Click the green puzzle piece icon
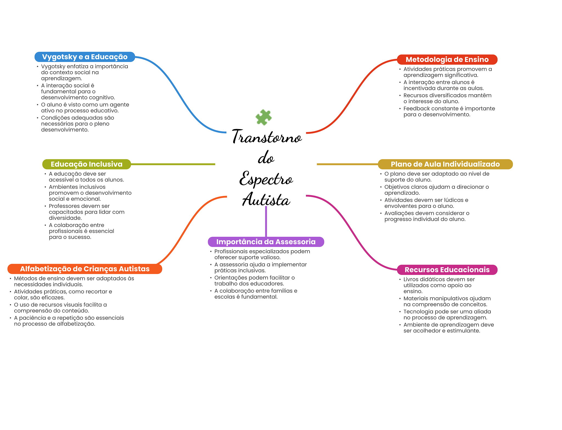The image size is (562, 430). [x=263, y=117]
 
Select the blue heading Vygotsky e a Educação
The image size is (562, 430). [x=85, y=57]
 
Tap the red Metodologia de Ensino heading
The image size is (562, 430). [x=447, y=59]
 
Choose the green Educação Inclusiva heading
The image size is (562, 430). [x=86, y=164]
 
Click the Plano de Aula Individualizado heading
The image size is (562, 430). [x=445, y=164]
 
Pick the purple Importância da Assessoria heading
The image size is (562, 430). [x=266, y=242]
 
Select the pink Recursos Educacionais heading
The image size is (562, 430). [x=447, y=270]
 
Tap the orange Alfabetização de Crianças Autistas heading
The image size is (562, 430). [x=85, y=269]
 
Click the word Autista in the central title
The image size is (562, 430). [x=266, y=200]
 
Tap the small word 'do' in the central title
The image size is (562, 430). [x=266, y=158]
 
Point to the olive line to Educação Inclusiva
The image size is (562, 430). [x=173, y=164]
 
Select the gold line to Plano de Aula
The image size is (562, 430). [x=347, y=164]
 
